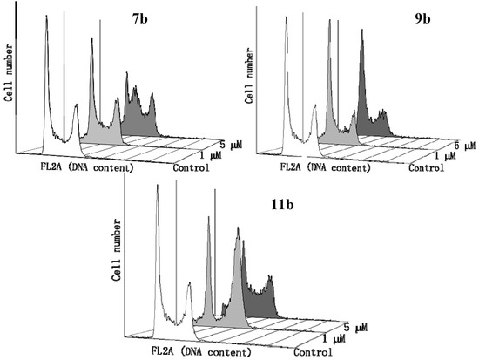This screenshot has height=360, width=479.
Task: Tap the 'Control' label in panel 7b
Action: [x=191, y=166]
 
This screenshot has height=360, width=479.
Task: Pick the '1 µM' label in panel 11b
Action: [x=334, y=338]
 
